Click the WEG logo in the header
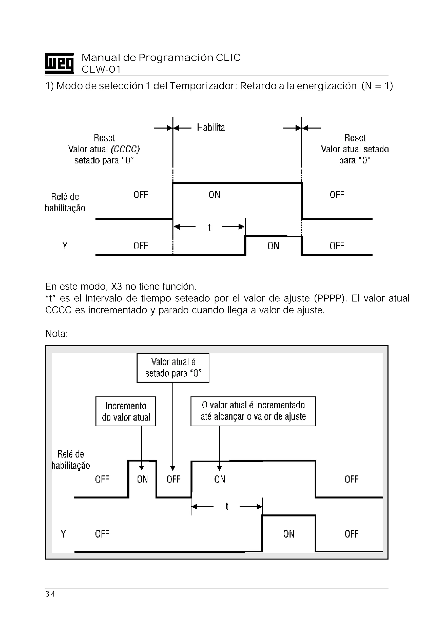[x=59, y=63]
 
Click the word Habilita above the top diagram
[x=211, y=128]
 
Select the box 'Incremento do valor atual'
[x=126, y=411]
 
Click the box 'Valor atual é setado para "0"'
[x=173, y=368]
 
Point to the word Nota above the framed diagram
[x=56, y=334]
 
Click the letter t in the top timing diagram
[x=209, y=227]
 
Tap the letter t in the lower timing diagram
[x=227, y=506]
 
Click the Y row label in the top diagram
[x=65, y=246]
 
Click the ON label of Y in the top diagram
[x=273, y=246]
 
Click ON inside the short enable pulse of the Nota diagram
[x=142, y=479]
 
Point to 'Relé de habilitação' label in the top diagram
[x=65, y=203]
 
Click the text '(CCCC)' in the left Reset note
[x=125, y=149]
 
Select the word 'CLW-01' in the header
[x=101, y=69]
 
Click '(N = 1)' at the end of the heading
[x=377, y=86]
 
